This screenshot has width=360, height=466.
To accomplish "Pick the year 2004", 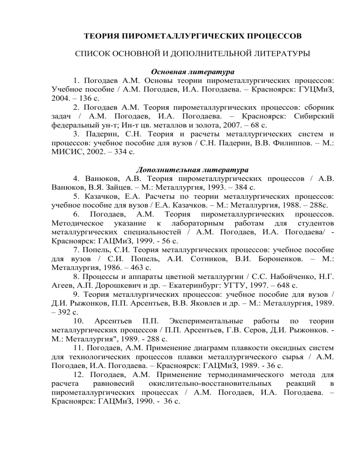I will click(x=61, y=102).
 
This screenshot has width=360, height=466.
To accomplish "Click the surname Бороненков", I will click(x=269, y=277).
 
